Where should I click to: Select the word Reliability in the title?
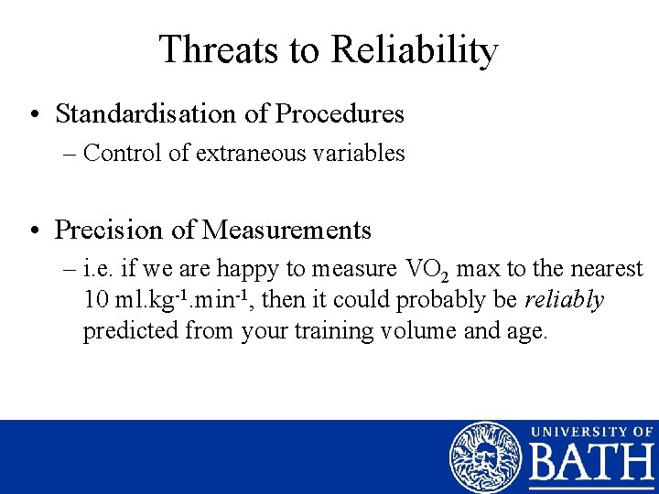pos(416,49)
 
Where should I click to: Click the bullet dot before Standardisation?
pos(34,115)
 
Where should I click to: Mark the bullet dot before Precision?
pos(34,231)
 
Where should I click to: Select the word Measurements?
pos(286,230)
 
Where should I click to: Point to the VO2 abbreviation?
pos(425,270)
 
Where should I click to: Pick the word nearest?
pos(606,270)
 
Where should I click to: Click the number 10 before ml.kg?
pos(95,300)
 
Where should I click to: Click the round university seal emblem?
pos(485,457)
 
